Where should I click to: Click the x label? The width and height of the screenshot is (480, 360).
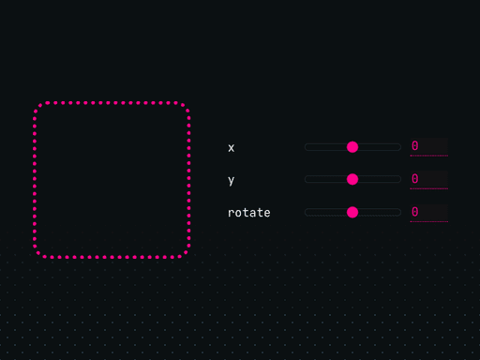tap(232, 148)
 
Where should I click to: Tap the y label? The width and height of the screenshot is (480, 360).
tap(232, 180)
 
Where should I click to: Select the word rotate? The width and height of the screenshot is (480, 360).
tap(248, 213)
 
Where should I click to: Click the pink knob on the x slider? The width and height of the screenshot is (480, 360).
tap(352, 147)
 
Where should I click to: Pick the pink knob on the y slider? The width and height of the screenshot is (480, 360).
tap(352, 179)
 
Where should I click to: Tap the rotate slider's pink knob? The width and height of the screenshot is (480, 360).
tap(352, 212)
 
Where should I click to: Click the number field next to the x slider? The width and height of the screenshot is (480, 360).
tap(428, 147)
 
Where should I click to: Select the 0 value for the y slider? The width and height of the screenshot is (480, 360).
tap(428, 179)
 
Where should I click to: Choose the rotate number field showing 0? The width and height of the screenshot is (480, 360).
tap(428, 212)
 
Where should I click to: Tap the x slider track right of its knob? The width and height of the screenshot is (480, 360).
tap(380, 147)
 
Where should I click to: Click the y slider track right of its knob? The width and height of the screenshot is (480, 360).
tap(380, 179)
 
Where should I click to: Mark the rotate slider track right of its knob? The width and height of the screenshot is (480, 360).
tap(380, 212)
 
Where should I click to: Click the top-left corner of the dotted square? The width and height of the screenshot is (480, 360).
tap(38, 107)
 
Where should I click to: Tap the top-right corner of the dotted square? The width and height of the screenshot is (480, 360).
tap(185, 107)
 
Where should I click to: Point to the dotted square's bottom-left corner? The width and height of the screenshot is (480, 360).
tap(38, 251)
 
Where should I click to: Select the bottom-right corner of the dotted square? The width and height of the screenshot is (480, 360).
tap(185, 251)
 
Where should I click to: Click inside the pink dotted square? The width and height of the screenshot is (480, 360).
tap(112, 179)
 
